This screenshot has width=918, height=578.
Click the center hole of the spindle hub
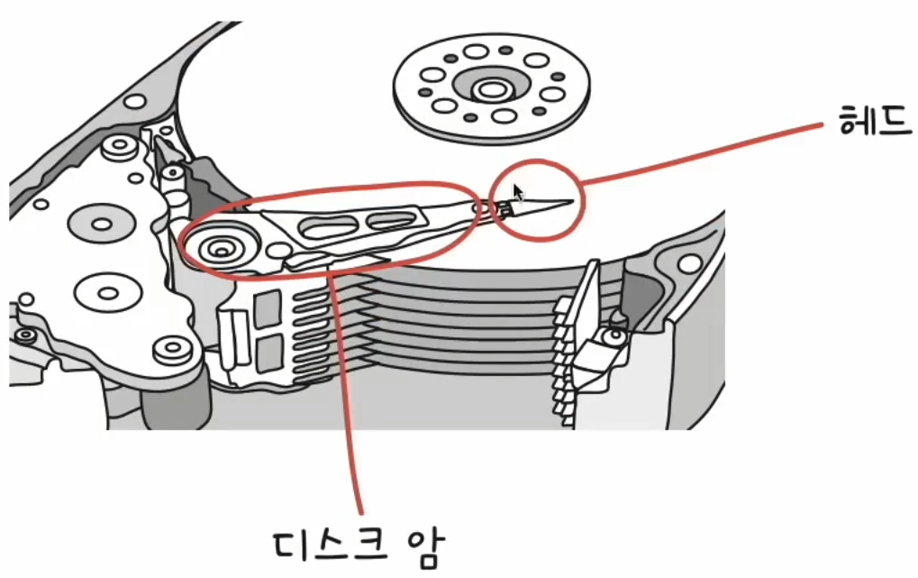point(491,90)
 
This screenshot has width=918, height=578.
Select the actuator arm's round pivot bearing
point(220,245)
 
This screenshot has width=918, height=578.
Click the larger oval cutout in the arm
point(327,226)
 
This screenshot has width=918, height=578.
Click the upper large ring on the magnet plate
point(100,221)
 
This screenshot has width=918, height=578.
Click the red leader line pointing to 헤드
point(703,149)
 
